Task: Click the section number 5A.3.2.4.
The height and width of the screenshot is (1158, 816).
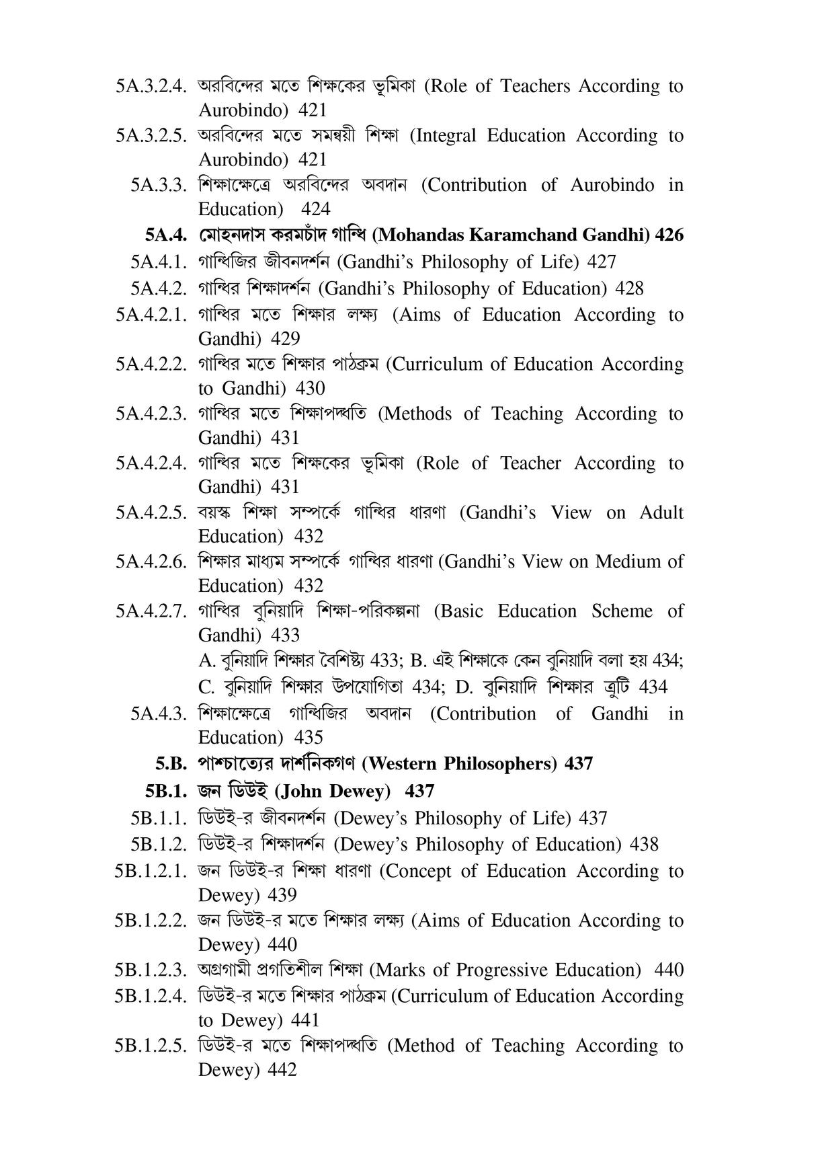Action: (x=150, y=87)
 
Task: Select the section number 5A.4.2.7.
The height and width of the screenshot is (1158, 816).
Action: (x=150, y=611)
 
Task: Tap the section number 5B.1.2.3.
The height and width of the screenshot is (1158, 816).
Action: (x=150, y=970)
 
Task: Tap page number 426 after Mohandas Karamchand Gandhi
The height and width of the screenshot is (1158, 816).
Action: (x=669, y=235)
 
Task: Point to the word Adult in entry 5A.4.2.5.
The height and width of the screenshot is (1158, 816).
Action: (x=661, y=512)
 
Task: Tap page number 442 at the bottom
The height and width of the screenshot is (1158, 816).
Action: (x=282, y=1070)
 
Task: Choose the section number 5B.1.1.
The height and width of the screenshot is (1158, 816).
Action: (x=158, y=818)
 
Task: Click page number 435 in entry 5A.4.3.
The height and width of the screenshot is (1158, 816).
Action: (x=309, y=738)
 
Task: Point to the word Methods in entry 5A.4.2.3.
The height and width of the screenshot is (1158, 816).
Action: (x=421, y=414)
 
